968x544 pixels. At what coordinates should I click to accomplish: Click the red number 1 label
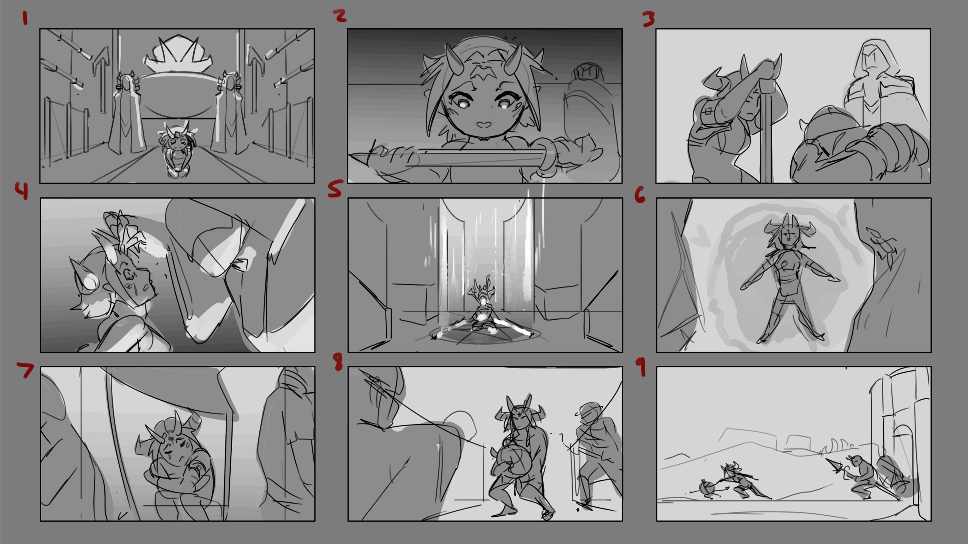click(25, 18)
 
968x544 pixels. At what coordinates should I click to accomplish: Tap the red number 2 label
click(340, 16)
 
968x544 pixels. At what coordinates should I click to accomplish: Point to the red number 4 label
click(22, 190)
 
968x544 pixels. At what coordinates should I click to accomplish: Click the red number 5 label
click(335, 188)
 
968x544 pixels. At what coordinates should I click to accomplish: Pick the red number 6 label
click(640, 195)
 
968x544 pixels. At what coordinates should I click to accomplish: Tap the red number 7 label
click(25, 370)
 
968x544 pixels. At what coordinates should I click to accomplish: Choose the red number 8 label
click(338, 362)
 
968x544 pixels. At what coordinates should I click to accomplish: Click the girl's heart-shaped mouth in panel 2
click(483, 124)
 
